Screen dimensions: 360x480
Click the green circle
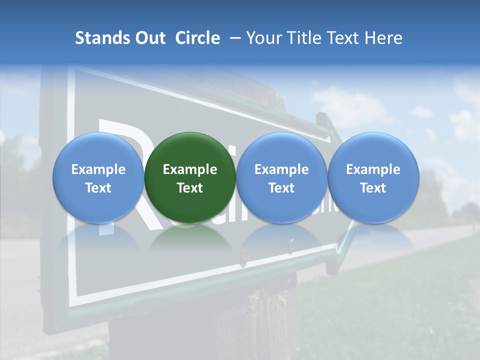[190, 150]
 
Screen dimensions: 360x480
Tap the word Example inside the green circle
[190, 169]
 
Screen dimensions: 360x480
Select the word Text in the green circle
[190, 188]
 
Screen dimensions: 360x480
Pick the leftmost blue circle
[98, 150]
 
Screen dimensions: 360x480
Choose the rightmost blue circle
[373, 150]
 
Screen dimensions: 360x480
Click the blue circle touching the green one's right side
[281, 150]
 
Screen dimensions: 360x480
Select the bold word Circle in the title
[197, 38]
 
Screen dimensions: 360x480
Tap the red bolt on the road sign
[245, 253]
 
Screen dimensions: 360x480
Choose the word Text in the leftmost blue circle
[98, 188]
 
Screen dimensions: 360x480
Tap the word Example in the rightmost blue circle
[373, 169]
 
